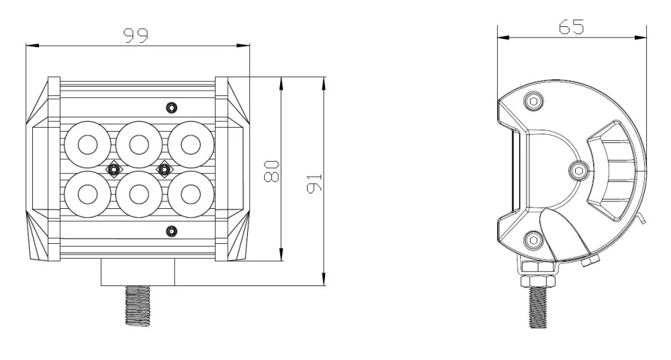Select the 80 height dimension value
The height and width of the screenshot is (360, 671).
pos(271,169)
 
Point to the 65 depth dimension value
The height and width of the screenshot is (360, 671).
pos(571,27)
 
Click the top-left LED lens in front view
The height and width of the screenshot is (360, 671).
pos(88,144)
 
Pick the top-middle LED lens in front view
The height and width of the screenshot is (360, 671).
pos(139,144)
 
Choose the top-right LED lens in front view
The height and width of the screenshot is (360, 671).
pos(190,144)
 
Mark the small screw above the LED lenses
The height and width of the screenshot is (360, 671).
pos(172,107)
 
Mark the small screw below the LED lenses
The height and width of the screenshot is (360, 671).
pos(172,231)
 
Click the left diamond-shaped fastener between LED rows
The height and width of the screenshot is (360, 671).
pos(114,169)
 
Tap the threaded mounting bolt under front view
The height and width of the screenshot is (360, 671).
pos(139,306)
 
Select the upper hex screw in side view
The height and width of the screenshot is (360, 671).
pos(534,101)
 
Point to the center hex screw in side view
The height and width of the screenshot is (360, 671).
pos(578,171)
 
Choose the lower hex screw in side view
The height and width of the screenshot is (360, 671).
pos(534,239)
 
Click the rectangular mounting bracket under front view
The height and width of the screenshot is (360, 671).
pos(138,273)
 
